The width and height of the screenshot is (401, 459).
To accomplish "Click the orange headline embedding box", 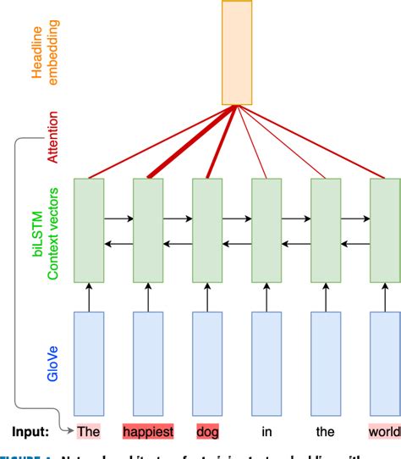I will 237,53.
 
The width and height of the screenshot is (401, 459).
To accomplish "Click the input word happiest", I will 148,432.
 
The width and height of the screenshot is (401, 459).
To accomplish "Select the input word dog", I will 207,432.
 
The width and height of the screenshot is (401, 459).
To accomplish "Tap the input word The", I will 89,432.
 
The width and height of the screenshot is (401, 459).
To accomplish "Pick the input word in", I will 266,432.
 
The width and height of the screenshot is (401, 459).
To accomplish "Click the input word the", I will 326,432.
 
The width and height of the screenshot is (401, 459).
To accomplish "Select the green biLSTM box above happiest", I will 148,229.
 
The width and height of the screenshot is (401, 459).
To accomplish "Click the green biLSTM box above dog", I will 207,229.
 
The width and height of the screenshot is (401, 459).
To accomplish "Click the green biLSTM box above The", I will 89,229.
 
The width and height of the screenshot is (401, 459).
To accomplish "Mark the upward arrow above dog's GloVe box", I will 207,296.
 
